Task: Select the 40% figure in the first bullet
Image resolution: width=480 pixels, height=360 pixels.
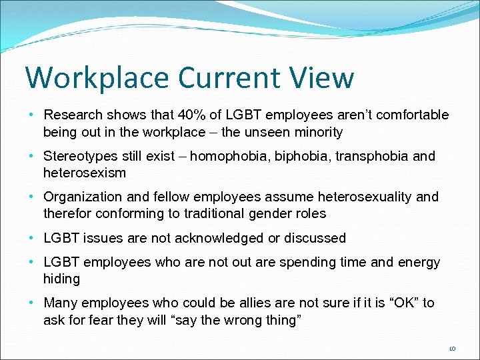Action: point(202,115)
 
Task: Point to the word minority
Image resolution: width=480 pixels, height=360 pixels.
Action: point(317,132)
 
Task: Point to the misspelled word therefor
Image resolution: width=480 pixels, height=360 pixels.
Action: point(67,213)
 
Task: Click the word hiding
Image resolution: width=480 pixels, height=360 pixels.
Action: point(61,279)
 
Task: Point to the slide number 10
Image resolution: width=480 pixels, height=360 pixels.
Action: point(451,348)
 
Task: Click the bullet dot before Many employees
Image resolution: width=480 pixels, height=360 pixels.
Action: point(33,303)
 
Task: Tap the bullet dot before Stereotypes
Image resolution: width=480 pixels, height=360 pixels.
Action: point(33,157)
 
